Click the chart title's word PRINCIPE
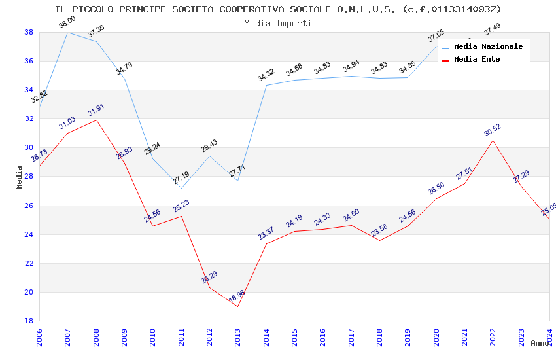tap(172, 9)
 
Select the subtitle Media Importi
tap(278, 23)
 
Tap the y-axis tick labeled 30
tap(29, 148)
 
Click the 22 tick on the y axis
tap(29, 263)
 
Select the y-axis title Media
tap(19, 177)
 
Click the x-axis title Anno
tap(540, 343)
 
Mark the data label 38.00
tap(67, 23)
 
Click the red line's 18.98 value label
tap(237, 296)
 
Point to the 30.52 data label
tap(493, 130)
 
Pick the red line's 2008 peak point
tap(96, 120)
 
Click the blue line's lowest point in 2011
tap(181, 188)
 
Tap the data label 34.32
tap(266, 75)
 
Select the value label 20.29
tap(209, 277)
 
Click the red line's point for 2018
tap(379, 240)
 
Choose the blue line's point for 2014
tap(266, 85)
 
